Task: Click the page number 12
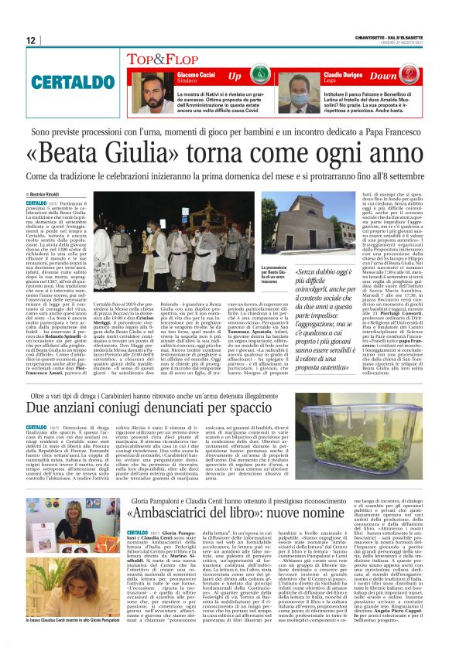(31, 40)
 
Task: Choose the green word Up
(235, 76)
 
